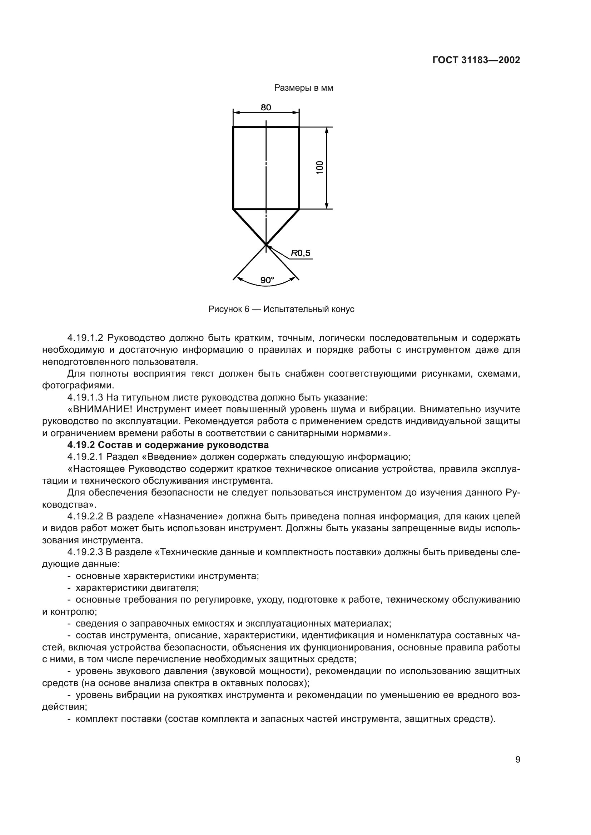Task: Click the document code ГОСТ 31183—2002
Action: point(476,60)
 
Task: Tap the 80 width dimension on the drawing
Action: point(266,107)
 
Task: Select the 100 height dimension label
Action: point(320,168)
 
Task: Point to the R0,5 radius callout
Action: point(301,253)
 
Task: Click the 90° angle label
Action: point(267,280)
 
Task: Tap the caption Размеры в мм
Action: point(303,88)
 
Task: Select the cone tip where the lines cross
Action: point(266,245)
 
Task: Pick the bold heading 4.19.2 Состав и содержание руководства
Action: point(168,445)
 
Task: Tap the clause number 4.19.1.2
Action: point(85,338)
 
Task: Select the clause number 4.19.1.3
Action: point(85,397)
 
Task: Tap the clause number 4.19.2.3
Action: point(85,552)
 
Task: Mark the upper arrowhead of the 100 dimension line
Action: point(327,130)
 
